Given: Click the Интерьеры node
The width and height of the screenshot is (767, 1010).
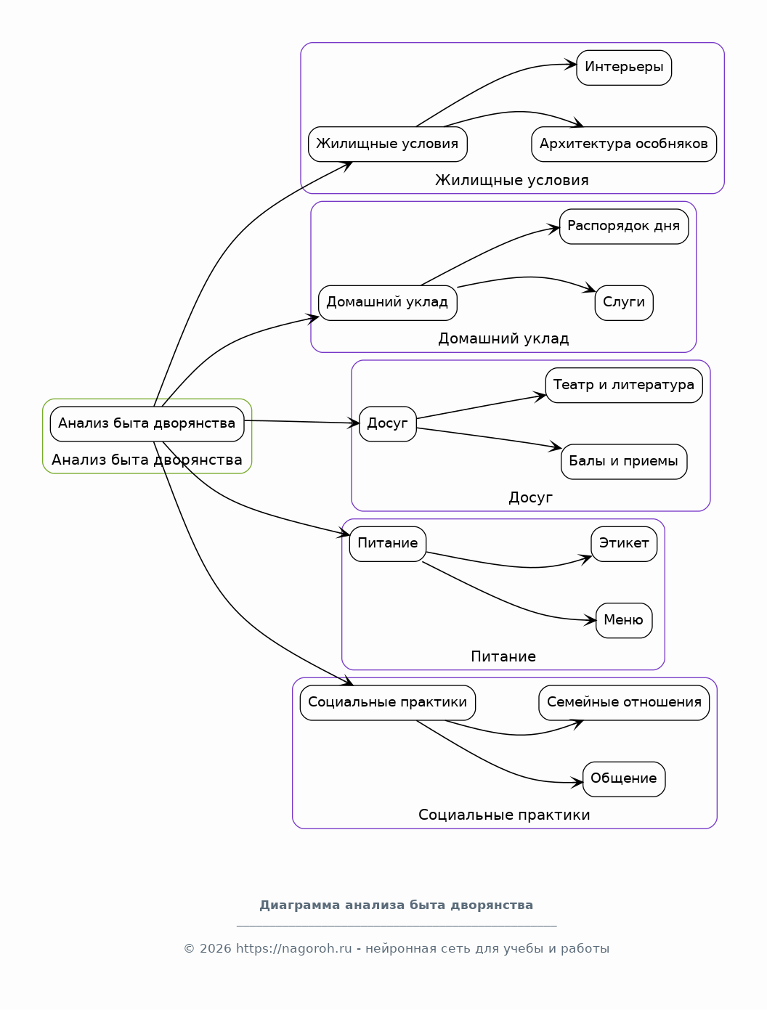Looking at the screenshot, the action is click(623, 68).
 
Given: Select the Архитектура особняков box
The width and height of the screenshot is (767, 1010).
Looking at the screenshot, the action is click(623, 144).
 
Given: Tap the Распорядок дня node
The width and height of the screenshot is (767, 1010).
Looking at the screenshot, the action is click(623, 227).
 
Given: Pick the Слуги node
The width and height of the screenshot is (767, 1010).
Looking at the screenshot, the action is click(623, 303).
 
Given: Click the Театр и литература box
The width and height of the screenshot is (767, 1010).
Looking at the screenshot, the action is click(623, 385).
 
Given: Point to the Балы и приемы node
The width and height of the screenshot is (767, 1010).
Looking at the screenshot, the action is click(623, 462).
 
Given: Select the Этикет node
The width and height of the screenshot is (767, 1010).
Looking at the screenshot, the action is click(623, 544).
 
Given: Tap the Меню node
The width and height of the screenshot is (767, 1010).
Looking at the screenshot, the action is click(623, 620).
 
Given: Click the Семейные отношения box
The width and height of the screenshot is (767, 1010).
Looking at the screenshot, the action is click(623, 703).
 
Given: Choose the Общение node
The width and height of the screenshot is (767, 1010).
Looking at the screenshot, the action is click(623, 779).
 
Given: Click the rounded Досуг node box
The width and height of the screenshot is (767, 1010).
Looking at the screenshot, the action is click(387, 424).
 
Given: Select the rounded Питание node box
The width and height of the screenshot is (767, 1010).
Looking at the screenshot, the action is click(387, 544).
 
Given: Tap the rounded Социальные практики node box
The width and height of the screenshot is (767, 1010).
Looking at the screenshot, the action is click(387, 703).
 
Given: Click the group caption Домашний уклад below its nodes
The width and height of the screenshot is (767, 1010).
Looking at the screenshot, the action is click(503, 338).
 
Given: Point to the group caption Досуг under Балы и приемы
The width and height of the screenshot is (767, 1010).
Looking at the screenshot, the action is click(530, 497).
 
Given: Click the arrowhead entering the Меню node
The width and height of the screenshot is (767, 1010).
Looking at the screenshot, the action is click(591, 620).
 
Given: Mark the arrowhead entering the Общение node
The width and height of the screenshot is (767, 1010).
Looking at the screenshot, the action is click(577, 782).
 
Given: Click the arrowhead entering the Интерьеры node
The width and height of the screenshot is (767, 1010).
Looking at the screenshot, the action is click(571, 65).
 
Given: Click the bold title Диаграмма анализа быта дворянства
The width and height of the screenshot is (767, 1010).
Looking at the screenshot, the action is click(396, 905).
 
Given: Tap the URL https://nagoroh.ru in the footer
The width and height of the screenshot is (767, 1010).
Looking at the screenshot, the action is click(293, 948).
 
